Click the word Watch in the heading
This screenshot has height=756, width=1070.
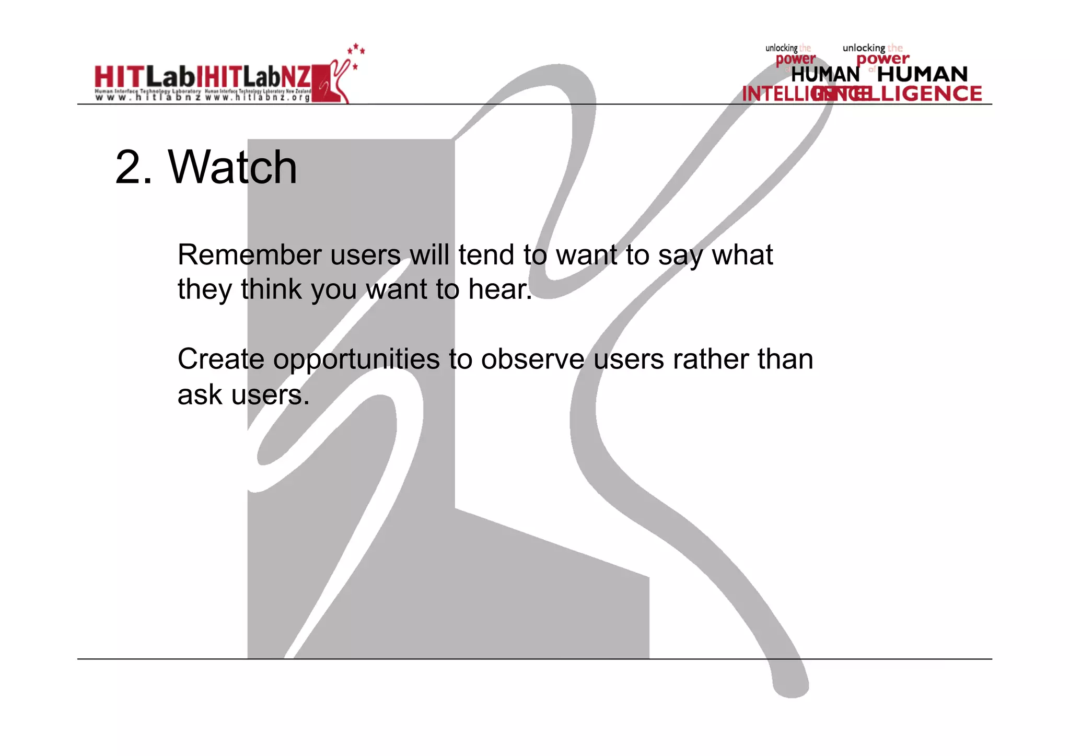point(232,167)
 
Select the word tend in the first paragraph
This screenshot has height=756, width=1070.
point(486,255)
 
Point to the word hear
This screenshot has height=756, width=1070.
point(499,289)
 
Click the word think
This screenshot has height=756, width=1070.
point(271,289)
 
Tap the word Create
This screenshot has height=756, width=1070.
point(221,359)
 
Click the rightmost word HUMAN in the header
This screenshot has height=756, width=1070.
point(922,74)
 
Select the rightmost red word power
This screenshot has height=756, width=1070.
point(882,59)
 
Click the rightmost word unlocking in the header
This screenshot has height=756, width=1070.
point(864,48)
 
